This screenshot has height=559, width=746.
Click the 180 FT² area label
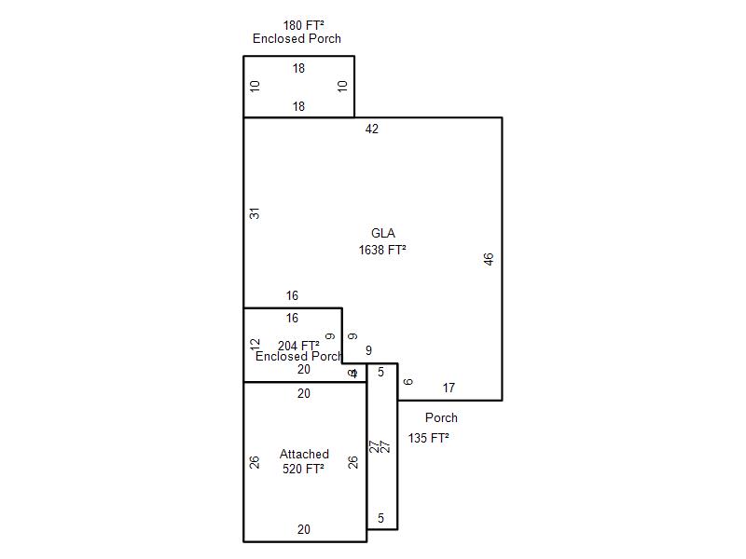[304, 25]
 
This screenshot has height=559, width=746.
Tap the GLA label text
[382, 233]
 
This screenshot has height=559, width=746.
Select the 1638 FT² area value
[382, 250]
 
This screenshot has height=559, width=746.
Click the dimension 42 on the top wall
[372, 130]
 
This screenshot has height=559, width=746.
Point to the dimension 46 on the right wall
[489, 259]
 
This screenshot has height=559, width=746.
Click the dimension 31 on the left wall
[255, 213]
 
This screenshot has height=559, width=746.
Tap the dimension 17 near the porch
[449, 388]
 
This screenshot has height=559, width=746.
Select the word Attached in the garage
[304, 455]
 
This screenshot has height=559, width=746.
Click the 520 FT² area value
[304, 470]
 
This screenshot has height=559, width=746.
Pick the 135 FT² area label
[429, 438]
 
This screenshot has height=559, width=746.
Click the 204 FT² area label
[298, 346]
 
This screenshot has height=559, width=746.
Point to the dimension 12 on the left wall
[256, 345]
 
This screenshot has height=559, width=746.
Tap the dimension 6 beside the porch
[408, 382]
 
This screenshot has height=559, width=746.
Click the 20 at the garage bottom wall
[304, 529]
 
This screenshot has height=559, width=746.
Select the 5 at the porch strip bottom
[380, 518]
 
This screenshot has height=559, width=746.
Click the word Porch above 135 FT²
[441, 418]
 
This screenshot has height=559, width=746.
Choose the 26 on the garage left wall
[255, 461]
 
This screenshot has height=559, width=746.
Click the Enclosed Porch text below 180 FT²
[297, 39]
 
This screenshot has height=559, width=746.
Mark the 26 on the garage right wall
[353, 461]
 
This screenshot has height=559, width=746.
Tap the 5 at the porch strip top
[380, 373]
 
